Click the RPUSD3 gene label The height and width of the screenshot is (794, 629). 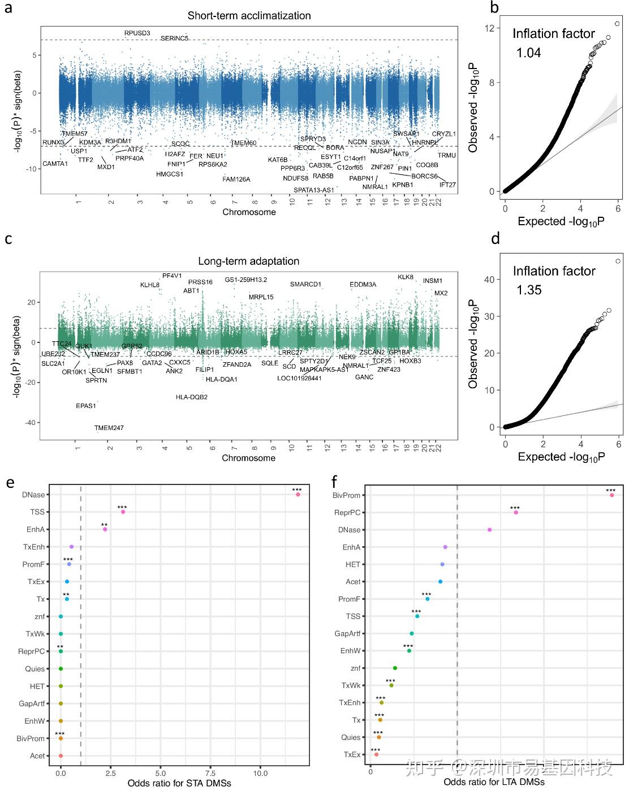pyautogui.click(x=137, y=33)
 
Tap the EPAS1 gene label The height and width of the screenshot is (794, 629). pyautogui.click(x=86, y=406)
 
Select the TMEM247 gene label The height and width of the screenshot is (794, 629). pyautogui.click(x=109, y=428)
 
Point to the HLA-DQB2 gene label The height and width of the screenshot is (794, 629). pyautogui.click(x=191, y=397)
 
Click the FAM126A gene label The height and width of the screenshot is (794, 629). pyautogui.click(x=236, y=179)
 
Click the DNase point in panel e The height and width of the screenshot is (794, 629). pyautogui.click(x=298, y=495)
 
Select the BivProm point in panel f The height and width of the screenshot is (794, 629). pyautogui.click(x=611, y=495)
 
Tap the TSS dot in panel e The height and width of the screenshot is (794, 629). pyautogui.click(x=123, y=512)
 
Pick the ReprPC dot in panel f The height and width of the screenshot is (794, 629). pyautogui.click(x=516, y=512)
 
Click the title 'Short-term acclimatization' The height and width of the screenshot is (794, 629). pyautogui.click(x=249, y=15)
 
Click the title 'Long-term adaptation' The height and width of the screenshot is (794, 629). pyautogui.click(x=248, y=261)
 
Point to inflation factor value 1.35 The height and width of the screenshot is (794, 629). pyautogui.click(x=529, y=290)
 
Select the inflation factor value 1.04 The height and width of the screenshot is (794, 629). pyautogui.click(x=528, y=53)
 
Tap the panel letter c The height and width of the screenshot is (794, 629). pyautogui.click(x=8, y=239)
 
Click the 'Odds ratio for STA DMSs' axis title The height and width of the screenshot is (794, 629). pyautogui.click(x=179, y=783)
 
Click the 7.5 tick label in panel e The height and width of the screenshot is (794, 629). pyautogui.click(x=210, y=773)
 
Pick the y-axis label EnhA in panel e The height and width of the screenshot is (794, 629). pyautogui.click(x=35, y=530)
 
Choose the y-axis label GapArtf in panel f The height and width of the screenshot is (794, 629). pyautogui.click(x=347, y=634)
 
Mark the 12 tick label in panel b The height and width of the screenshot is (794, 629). pyautogui.click(x=489, y=28)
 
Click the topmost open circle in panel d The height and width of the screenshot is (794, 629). pyautogui.click(x=618, y=261)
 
